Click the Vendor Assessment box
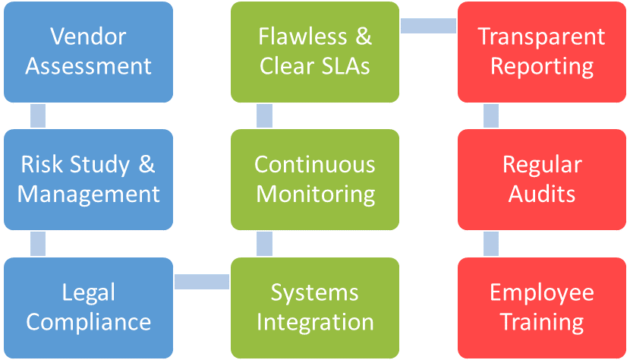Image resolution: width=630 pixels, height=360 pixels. coord(89,52)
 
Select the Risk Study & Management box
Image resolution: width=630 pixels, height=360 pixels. coord(89,179)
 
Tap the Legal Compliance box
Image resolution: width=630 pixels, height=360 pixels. coord(89,307)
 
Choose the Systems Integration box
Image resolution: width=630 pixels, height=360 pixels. coord(315,307)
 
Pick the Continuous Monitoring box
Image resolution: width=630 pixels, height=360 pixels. coord(315,179)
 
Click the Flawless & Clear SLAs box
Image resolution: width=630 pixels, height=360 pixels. coord(315,52)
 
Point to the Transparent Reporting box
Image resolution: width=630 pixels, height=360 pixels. coord(542,52)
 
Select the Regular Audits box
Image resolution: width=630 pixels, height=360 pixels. coord(542,179)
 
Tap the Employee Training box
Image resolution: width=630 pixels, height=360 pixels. coord(542,307)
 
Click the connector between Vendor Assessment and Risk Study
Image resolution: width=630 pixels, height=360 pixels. coord(36,115)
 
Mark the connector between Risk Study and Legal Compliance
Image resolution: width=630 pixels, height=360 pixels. coord(36,243)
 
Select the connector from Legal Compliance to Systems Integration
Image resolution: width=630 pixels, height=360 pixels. coord(202,281)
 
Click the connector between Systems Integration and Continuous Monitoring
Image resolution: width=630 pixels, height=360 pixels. coord(264,243)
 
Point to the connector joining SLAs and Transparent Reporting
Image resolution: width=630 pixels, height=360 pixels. coord(428,25)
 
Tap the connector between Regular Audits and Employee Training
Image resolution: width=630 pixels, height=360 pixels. coord(491,243)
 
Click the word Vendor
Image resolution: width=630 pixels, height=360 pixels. coord(89,36)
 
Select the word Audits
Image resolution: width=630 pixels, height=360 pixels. coord(542,194)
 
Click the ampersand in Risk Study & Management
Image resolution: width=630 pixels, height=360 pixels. coord(146,165)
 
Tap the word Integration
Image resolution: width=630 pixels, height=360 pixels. coord(315,322)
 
